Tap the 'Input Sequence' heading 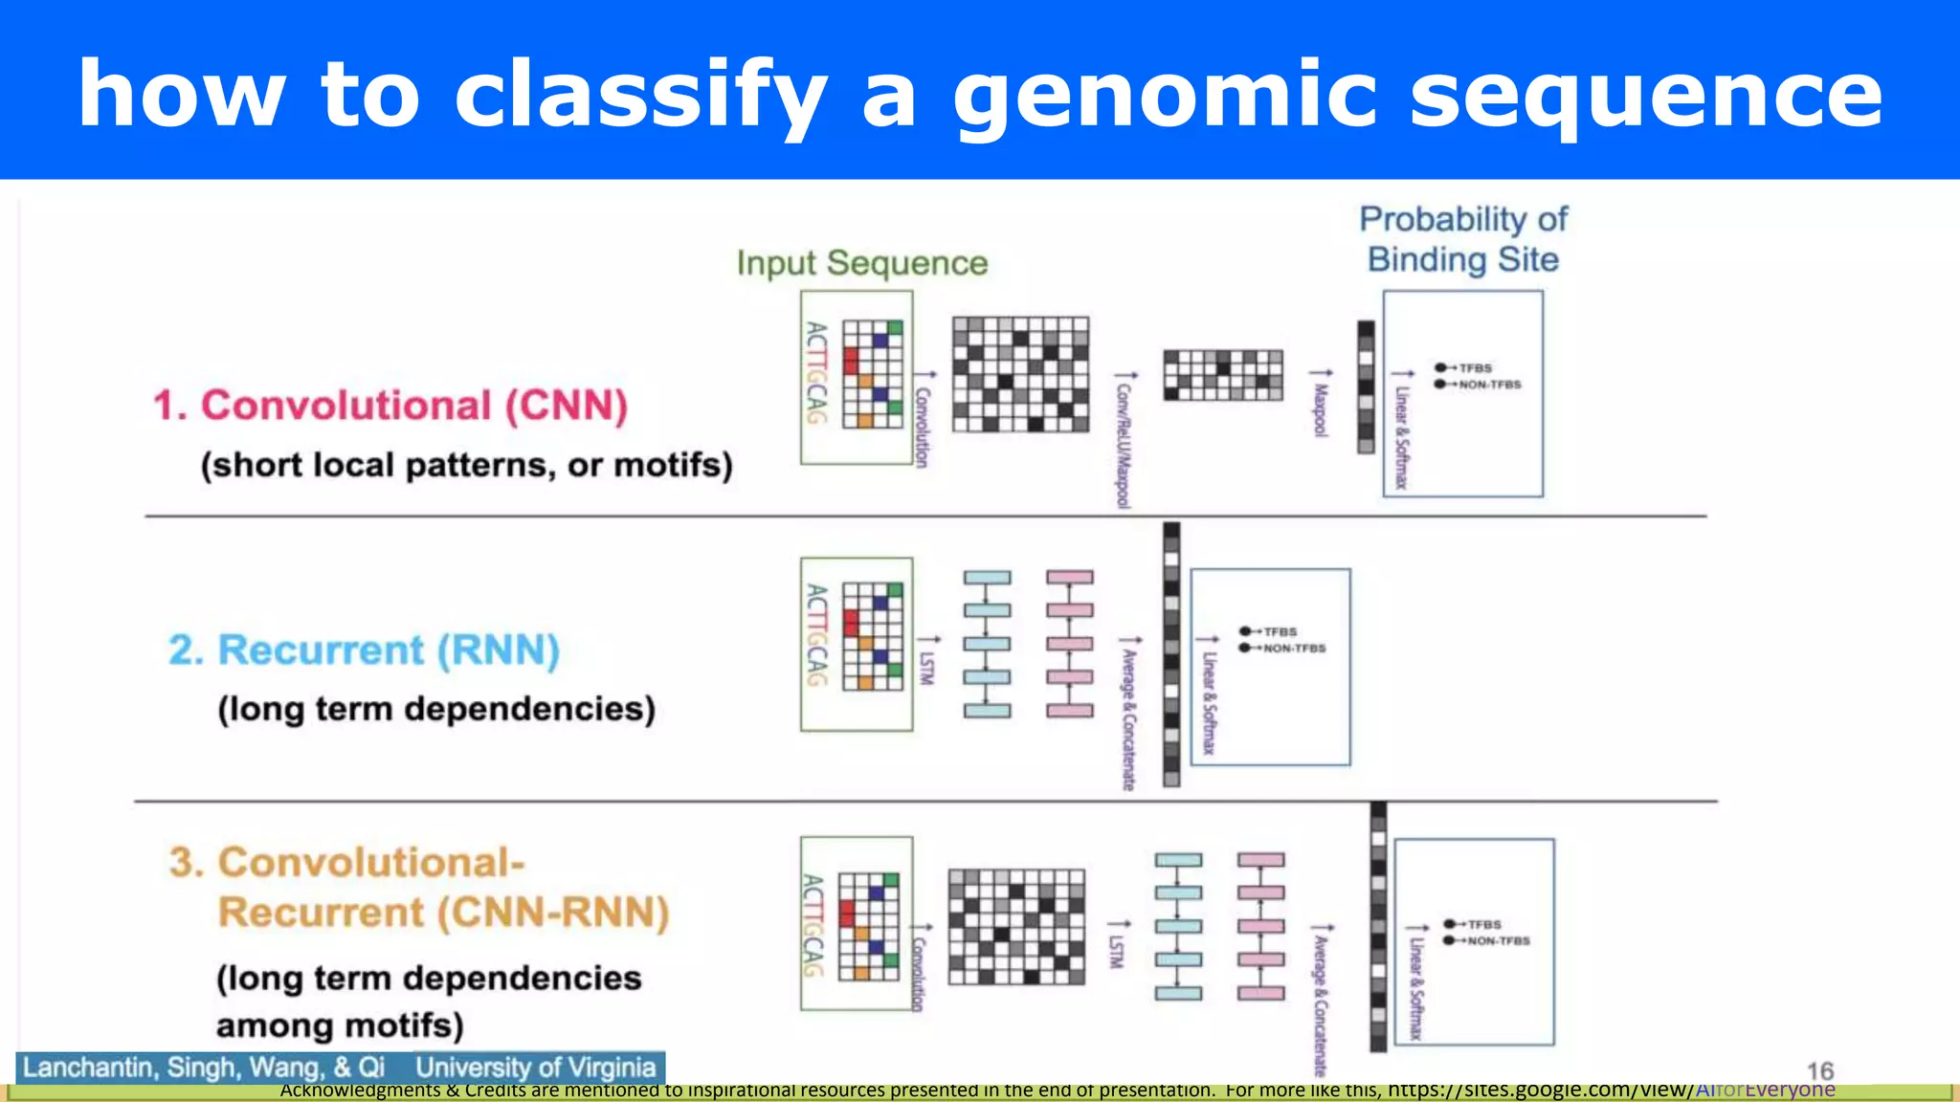[861, 263]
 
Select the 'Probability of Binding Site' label [1463, 239]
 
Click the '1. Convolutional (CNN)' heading [390, 406]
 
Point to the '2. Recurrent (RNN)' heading [364, 650]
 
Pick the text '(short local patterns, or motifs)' [466, 465]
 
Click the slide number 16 [1819, 1070]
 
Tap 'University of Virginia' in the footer [535, 1068]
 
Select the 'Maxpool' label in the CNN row [1321, 409]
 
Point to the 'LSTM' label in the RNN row [925, 667]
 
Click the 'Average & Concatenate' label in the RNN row [1129, 717]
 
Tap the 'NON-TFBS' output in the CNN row [1489, 385]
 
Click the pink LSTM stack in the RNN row [1069, 644]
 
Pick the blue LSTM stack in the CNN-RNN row [1178, 926]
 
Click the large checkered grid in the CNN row [1020, 374]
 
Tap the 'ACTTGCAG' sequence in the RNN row [815, 635]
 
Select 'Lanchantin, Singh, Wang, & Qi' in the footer [204, 1068]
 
